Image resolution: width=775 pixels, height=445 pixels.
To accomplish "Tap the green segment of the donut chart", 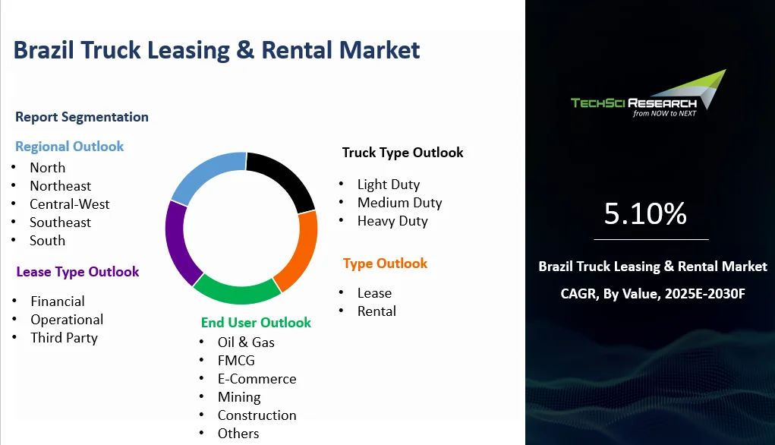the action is pos(236,292).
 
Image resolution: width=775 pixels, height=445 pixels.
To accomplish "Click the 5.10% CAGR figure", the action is pos(645,213).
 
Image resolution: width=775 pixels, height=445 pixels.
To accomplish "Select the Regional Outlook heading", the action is pos(69,147).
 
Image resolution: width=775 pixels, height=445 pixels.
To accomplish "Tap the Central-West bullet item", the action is pos(70,204).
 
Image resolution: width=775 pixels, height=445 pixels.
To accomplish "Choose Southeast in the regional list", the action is pos(60,222).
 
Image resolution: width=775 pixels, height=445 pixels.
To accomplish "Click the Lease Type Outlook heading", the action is pos(77,272).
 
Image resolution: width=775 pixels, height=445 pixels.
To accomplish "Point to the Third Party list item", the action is pos(65,338).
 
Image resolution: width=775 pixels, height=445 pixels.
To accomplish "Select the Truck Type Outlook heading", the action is pos(403,153).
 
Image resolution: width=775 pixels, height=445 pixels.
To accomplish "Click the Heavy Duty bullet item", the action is pos(392,221).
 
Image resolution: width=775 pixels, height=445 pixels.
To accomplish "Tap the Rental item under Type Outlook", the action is pos(376,311).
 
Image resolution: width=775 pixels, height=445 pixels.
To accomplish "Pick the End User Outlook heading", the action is pos(256,323).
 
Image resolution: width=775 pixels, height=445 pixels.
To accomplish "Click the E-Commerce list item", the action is pos(257,379).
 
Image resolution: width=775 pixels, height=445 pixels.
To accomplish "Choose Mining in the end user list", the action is pos(239,397).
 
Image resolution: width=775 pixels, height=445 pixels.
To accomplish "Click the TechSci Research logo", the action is pos(648,94).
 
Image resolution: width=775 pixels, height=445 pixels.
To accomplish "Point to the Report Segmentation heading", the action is pos(82,117).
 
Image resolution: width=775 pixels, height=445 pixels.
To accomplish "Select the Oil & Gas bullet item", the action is pos(246,342).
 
